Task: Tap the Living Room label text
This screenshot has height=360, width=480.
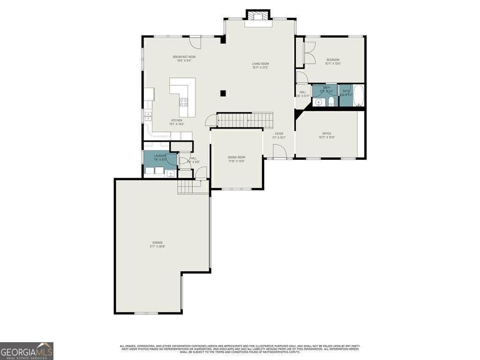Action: (x=261, y=66)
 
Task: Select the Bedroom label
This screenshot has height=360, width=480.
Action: (x=333, y=61)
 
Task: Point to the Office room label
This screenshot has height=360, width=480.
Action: (x=327, y=135)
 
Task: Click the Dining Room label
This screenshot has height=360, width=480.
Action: (x=236, y=159)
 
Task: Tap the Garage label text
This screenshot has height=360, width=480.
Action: (x=157, y=244)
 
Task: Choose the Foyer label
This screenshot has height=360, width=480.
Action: (x=278, y=135)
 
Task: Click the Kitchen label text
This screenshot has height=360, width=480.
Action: (x=176, y=122)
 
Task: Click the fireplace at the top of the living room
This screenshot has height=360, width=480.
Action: (x=257, y=17)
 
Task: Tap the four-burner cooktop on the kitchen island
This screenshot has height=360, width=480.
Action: (x=184, y=101)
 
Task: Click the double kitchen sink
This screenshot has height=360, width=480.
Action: (x=148, y=115)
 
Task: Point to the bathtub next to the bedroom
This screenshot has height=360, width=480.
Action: (x=359, y=96)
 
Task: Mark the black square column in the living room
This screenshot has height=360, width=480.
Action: (x=223, y=93)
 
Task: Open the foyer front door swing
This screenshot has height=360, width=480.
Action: (x=279, y=151)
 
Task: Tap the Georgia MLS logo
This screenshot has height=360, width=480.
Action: (x=27, y=351)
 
